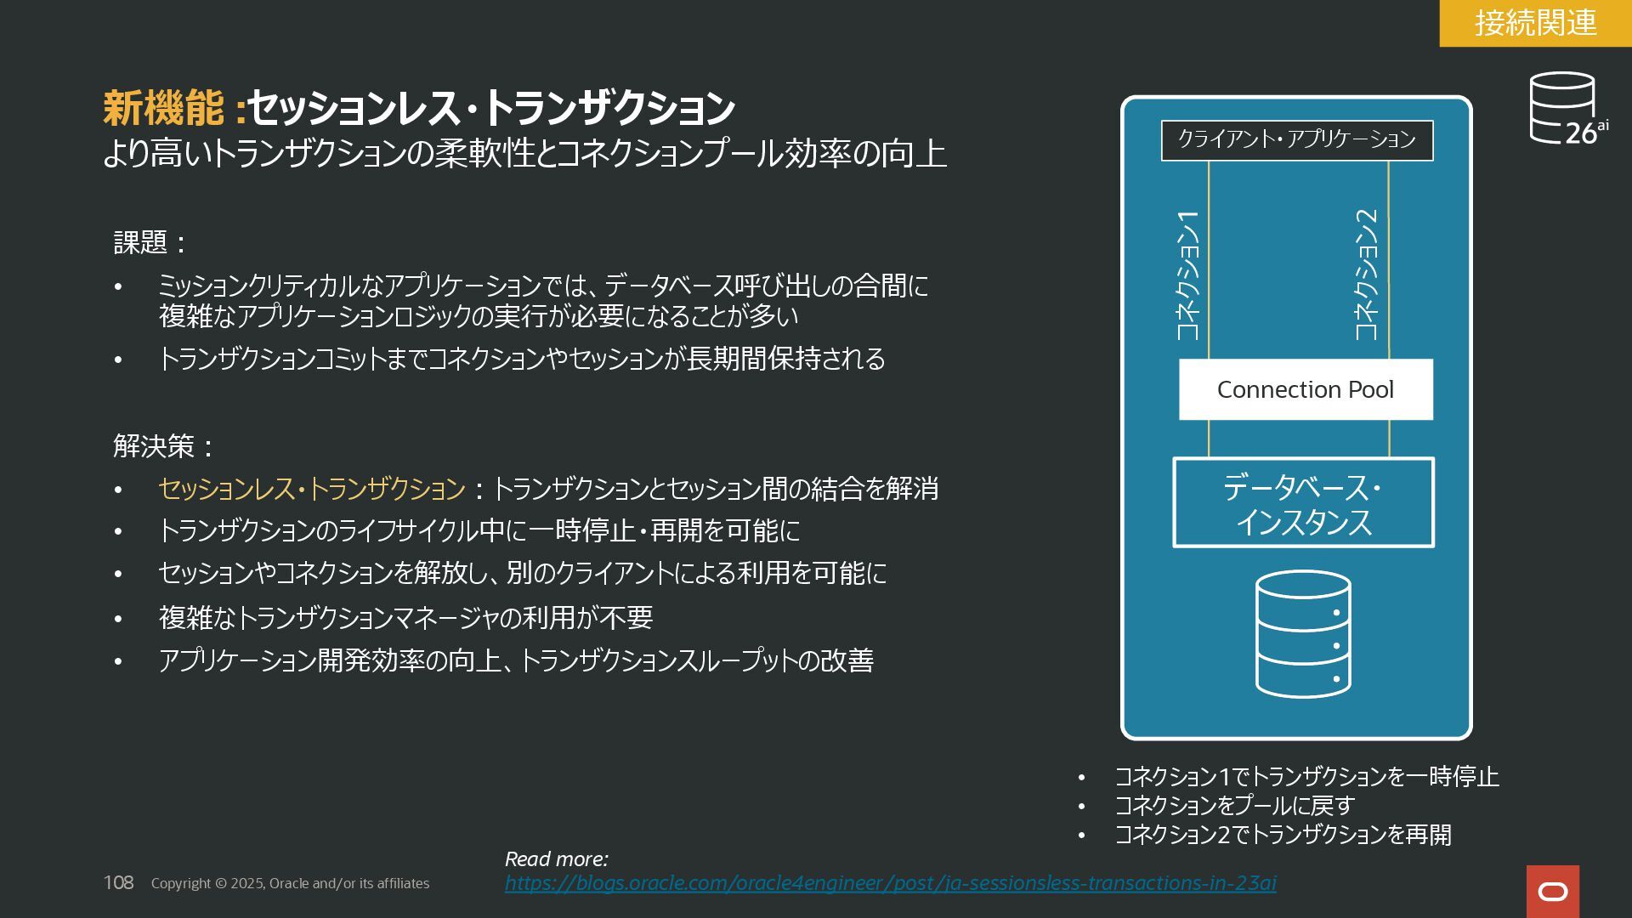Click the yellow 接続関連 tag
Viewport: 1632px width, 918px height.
coord(1535,23)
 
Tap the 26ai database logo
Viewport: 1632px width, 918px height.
coord(1567,109)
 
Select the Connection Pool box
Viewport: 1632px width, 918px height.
coord(1305,389)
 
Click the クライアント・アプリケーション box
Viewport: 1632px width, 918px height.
coord(1296,139)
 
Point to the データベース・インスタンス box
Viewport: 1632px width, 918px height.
coord(1303,502)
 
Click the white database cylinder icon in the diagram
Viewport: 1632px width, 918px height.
coord(1303,634)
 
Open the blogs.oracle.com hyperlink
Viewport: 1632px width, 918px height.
coord(890,883)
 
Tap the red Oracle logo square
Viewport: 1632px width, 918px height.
coord(1552,891)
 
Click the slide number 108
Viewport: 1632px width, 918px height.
coord(118,883)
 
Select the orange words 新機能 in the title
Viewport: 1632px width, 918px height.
coord(163,108)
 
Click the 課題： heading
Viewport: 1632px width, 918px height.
coord(150,243)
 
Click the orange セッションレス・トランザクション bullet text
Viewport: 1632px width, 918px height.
coord(312,489)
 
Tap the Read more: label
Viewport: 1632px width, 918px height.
coord(556,859)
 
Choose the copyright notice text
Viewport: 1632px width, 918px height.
coord(290,884)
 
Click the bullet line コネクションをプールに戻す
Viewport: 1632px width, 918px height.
coord(1234,805)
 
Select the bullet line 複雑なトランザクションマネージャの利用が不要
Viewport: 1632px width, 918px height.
coord(405,618)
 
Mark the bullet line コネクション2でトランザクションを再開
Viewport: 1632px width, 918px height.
coord(1283,835)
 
